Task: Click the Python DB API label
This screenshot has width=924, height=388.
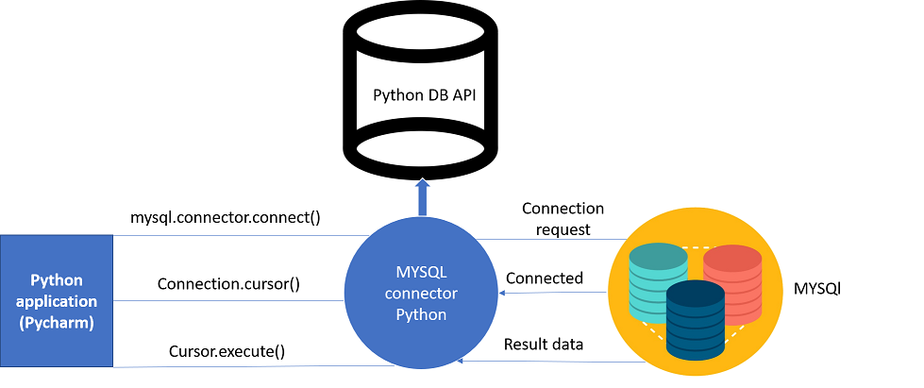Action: pyautogui.click(x=424, y=94)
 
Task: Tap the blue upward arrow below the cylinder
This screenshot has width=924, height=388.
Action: pyautogui.click(x=423, y=198)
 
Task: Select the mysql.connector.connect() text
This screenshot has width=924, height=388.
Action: pyautogui.click(x=226, y=217)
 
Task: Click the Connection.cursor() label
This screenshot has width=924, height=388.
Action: pyautogui.click(x=228, y=283)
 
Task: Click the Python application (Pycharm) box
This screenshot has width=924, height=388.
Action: pyautogui.click(x=57, y=301)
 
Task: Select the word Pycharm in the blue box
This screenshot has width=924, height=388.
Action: pyautogui.click(x=57, y=322)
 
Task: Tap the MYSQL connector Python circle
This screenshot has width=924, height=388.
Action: pyautogui.click(x=422, y=294)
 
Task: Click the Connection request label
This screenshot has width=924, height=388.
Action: pyautogui.click(x=563, y=218)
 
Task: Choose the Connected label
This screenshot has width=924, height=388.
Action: pyautogui.click(x=545, y=278)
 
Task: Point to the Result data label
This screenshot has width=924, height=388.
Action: pyautogui.click(x=544, y=345)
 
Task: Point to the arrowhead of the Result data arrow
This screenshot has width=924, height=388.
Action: pyautogui.click(x=460, y=361)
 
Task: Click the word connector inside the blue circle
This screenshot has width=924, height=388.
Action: pyautogui.click(x=421, y=294)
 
